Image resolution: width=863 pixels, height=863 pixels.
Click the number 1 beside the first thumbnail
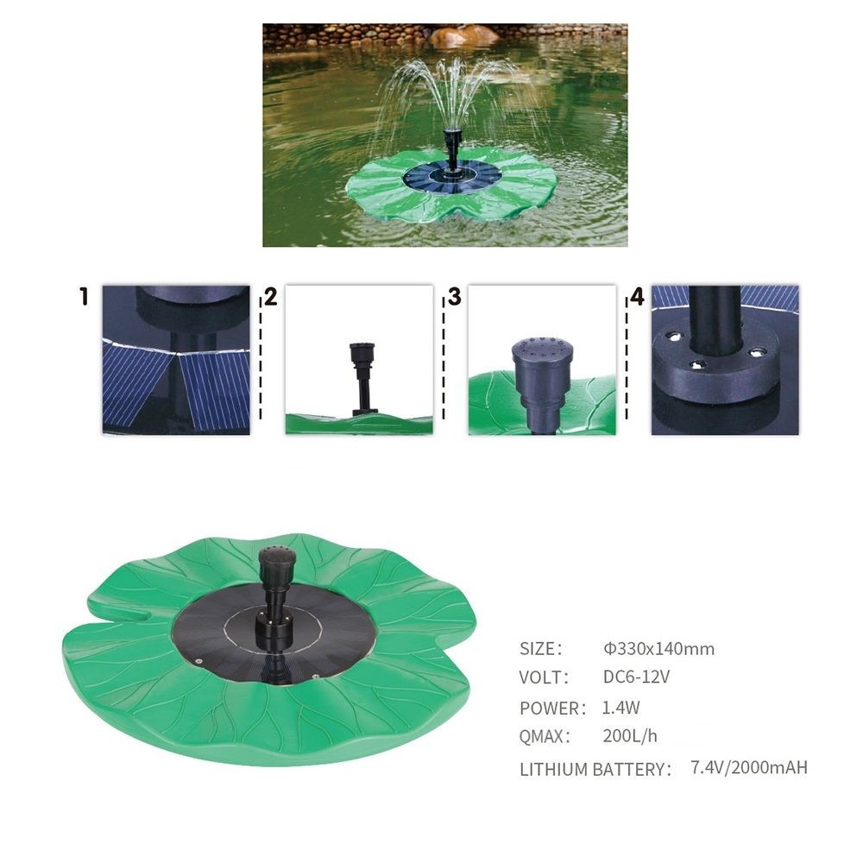84,296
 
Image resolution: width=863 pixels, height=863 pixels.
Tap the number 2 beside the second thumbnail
271,297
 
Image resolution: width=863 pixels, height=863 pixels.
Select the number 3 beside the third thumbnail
454,297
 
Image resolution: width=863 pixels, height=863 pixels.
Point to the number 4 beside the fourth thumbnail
637,297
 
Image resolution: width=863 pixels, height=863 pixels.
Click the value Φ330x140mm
658,649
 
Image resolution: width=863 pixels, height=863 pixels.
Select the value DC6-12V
636,677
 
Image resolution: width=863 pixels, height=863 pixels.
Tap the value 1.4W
620,708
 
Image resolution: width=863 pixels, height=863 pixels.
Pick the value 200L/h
630,736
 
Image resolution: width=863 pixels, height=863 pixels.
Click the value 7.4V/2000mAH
749,767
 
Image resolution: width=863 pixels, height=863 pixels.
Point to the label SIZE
540,649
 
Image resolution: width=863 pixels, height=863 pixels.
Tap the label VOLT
543,677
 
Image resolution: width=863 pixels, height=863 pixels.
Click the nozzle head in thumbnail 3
542,361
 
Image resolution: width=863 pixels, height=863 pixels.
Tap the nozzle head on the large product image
277,562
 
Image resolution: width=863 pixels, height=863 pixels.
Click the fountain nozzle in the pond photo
452,148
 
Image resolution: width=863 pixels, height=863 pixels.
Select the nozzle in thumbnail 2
362,379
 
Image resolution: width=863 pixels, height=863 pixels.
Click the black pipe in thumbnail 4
715,319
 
